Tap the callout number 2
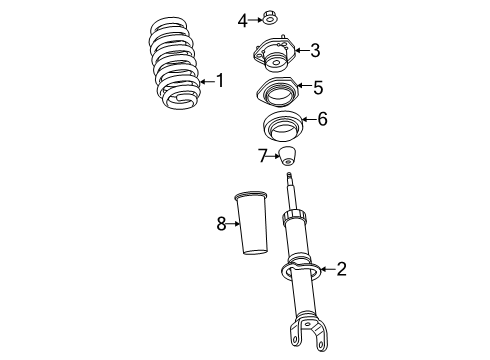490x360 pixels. coord(341,268)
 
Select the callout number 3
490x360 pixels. coord(314,51)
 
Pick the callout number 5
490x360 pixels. coord(317,88)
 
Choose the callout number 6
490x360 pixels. coord(321,120)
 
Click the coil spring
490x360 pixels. coord(177,64)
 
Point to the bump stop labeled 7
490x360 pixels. coord(289,157)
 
